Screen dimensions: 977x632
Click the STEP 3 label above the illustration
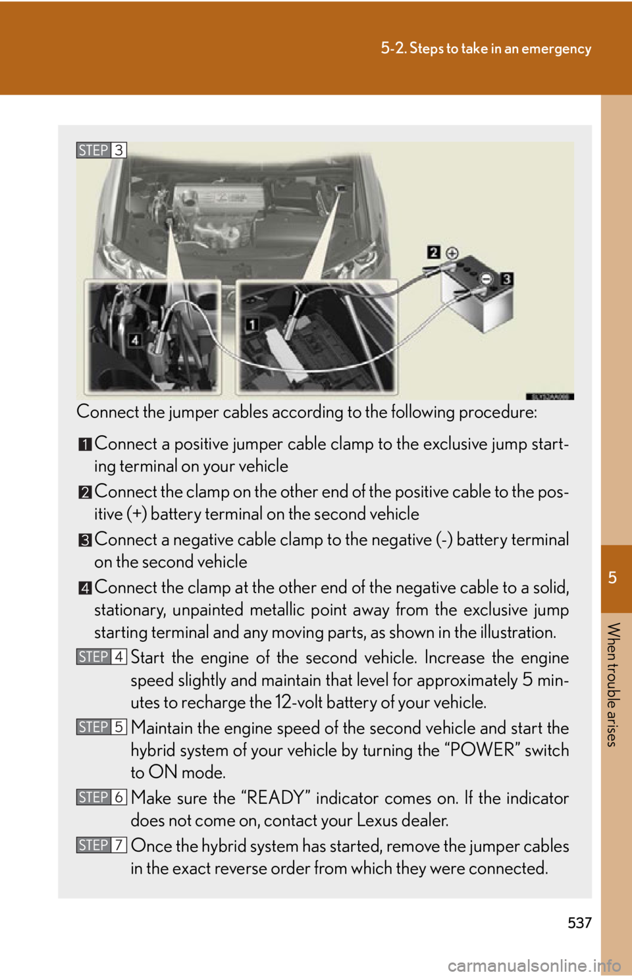[x=101, y=150]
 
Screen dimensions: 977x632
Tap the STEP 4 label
[x=101, y=657]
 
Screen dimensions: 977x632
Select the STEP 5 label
[x=101, y=727]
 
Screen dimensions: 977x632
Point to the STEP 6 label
[x=101, y=797]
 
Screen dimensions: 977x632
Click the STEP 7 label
[x=101, y=845]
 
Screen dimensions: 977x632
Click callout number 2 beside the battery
[x=433, y=252]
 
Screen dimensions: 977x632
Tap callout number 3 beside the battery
[x=506, y=279]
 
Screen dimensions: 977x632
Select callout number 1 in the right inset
[x=251, y=324]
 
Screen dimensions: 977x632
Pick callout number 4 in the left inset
[x=135, y=340]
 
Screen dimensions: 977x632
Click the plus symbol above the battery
[x=452, y=253]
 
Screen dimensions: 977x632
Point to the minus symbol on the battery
[x=486, y=278]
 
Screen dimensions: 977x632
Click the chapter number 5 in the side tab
[x=612, y=578]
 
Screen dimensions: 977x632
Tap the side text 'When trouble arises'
[x=612, y=684]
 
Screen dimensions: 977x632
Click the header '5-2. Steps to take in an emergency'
[x=486, y=49]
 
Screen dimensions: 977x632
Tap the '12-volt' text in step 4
[x=307, y=702]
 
